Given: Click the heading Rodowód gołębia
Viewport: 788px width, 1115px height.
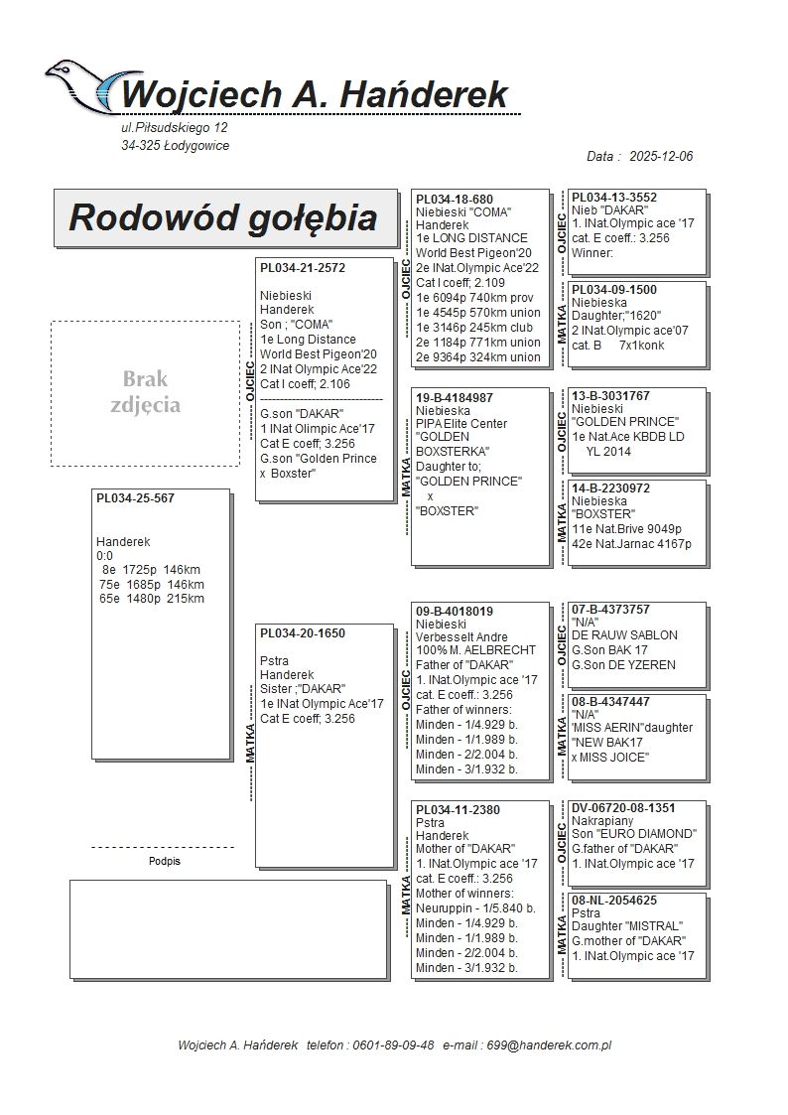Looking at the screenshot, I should coord(222,218).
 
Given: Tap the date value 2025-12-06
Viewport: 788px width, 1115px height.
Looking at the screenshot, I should coord(661,157).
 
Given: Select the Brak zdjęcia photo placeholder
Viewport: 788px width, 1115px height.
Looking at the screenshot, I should coord(145,392).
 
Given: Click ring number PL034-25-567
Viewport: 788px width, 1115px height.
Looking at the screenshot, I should coord(135,498).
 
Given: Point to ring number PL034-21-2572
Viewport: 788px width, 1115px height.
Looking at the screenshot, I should coord(303,268).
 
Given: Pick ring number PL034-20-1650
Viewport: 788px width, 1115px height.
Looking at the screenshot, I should coord(303,633).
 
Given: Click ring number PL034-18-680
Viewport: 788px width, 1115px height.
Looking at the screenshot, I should coord(455,200).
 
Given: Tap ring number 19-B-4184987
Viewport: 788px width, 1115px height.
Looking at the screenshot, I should coord(455,398).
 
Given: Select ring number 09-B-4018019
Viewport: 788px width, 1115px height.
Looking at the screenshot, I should coord(455,612).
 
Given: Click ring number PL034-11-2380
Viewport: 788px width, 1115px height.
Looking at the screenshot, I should coord(458,810).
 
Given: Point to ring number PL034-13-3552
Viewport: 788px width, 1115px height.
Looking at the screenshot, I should coord(614,198).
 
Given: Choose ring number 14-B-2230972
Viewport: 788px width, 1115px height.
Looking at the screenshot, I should coord(611,488).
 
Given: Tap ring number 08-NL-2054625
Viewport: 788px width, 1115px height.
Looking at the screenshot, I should coord(614,901).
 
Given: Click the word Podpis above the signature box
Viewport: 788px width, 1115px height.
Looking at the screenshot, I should coord(164,862).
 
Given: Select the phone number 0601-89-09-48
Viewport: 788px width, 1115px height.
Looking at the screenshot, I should coord(395,1045).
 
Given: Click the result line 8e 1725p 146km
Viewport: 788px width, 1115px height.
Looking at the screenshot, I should coord(151,570).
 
